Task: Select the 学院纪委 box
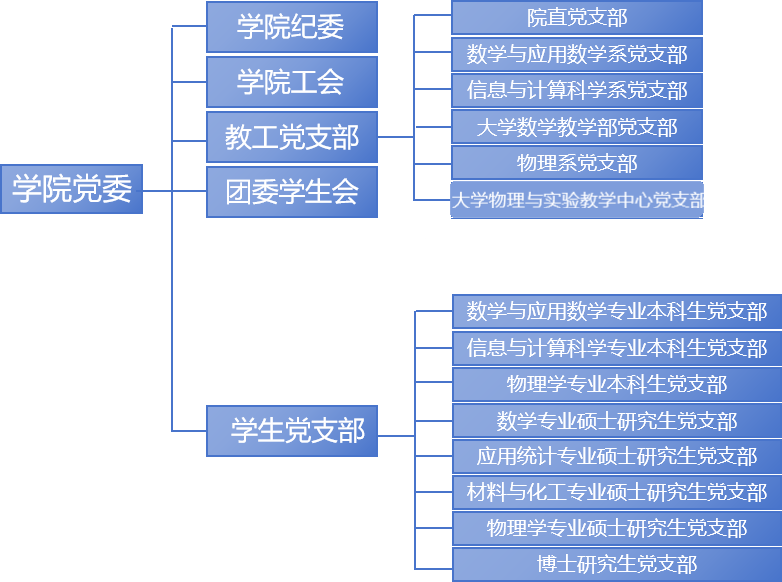click(x=292, y=27)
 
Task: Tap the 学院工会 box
click(x=292, y=82)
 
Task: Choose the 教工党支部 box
click(x=292, y=137)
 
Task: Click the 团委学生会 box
click(x=292, y=192)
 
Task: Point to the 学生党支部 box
click(x=292, y=431)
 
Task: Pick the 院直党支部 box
click(x=577, y=18)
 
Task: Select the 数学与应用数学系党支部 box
click(x=577, y=54)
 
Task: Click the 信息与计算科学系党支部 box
click(x=577, y=90)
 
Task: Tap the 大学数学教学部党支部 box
click(x=577, y=127)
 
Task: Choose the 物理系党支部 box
click(x=577, y=163)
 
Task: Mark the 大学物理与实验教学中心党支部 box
click(x=577, y=199)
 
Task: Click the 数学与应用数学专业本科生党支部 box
click(x=617, y=311)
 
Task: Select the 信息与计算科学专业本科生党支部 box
click(x=617, y=348)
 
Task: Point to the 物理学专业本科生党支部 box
click(x=617, y=384)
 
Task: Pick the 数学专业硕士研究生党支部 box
click(x=617, y=421)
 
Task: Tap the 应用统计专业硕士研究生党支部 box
click(x=617, y=457)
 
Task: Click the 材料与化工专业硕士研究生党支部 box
click(x=617, y=492)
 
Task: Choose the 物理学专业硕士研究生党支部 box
click(x=617, y=528)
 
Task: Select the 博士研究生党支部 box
click(x=617, y=564)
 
